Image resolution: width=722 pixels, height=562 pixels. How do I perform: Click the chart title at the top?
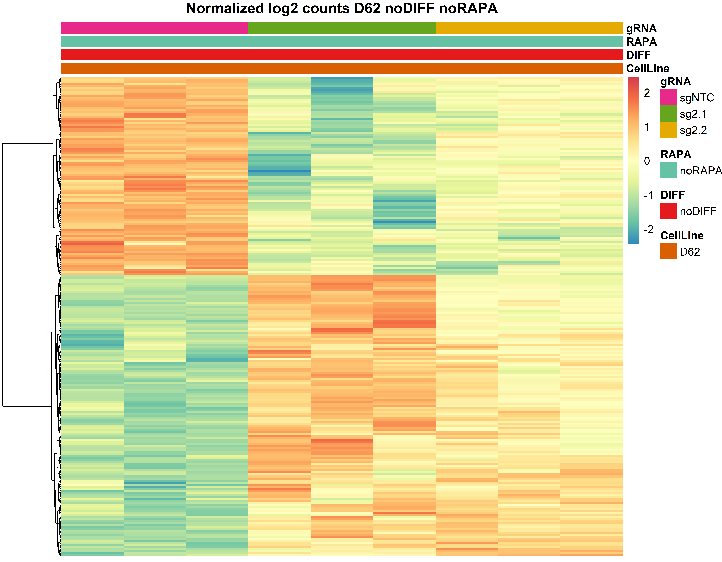[342, 9]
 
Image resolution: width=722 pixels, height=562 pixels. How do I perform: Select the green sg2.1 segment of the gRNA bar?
[342, 28]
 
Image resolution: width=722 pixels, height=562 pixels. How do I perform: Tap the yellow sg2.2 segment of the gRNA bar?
[529, 28]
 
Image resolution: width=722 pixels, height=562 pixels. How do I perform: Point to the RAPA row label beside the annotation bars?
[641, 42]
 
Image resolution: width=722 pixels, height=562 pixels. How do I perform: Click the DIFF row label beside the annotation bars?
[638, 55]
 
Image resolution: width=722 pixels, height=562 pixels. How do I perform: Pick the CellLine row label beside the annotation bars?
[647, 68]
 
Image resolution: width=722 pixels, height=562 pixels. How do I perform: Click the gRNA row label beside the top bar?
[641, 28]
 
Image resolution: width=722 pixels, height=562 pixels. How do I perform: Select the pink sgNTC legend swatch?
[668, 97]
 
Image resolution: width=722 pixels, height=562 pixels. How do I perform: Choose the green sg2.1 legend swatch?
[668, 113]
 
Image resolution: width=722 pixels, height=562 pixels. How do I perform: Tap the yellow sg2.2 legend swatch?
[668, 130]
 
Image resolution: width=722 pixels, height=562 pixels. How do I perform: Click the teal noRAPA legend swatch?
[668, 170]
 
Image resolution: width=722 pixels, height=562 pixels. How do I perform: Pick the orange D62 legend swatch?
[668, 251]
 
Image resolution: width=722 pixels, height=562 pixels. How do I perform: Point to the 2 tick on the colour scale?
[647, 93]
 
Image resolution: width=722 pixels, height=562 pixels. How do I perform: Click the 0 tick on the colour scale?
[647, 161]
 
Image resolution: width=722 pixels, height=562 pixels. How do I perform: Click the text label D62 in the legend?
[690, 252]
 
